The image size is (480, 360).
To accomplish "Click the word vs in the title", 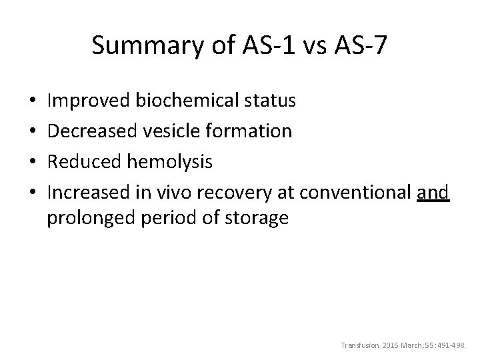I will pyautogui.click(x=305, y=46).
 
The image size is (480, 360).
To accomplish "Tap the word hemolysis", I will pyautogui.click(x=171, y=161).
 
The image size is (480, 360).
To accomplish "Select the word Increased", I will pyautogui.click(x=91, y=191).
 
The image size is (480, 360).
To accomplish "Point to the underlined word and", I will pyautogui.click(x=433, y=191).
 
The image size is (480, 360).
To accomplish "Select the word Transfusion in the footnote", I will pyautogui.click(x=358, y=346).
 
